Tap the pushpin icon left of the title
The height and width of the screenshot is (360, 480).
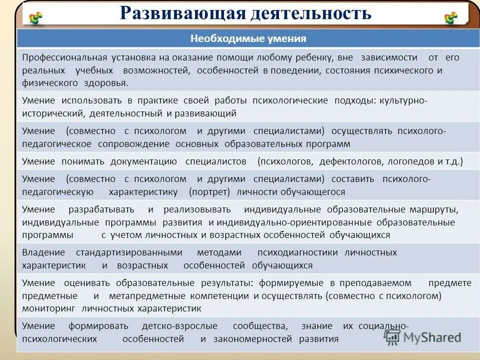pos(35,18)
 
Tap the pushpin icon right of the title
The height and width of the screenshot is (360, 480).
pos(451,18)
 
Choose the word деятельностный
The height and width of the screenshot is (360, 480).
pos(127,113)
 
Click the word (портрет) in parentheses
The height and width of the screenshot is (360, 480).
pos(209,192)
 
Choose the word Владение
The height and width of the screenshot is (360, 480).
pos(43,252)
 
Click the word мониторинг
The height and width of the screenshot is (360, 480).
pos(49,308)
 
